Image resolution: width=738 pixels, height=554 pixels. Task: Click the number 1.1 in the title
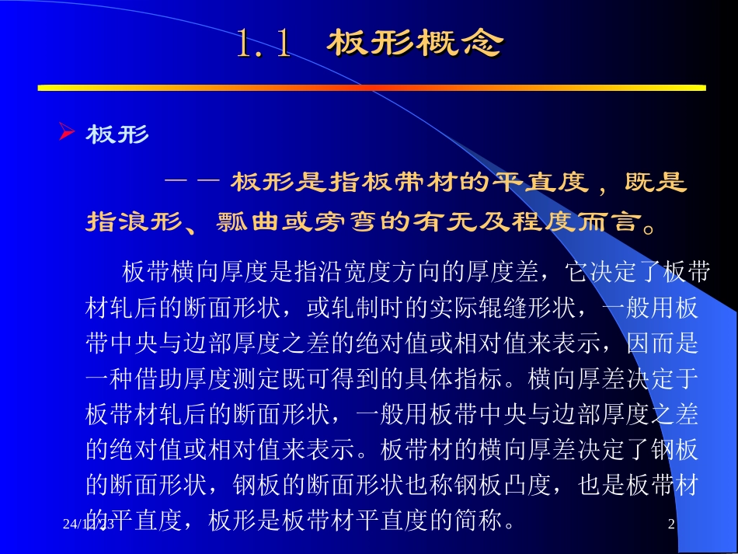click(265, 44)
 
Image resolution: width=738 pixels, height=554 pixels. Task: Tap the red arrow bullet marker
click(66, 134)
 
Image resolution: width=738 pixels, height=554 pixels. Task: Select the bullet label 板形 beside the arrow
click(117, 135)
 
